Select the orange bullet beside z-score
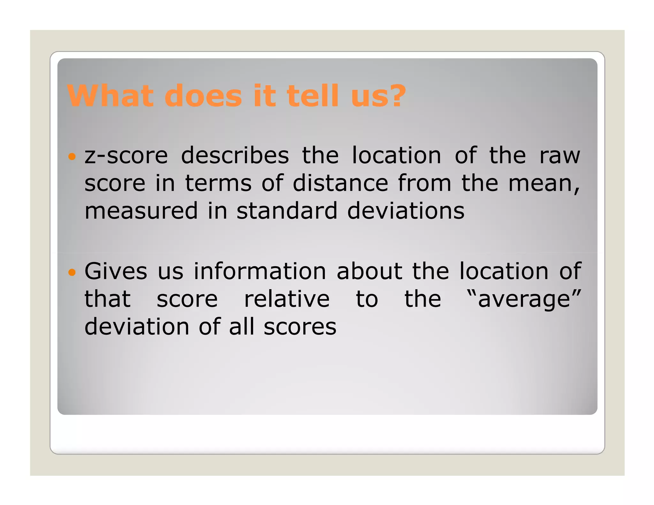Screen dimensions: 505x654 tap(72, 156)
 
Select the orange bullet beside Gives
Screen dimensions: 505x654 tap(72, 272)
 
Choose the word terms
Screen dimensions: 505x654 tap(218, 184)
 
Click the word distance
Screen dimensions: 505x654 tap(340, 184)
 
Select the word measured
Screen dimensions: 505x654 tap(141, 211)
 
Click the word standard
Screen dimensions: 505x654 tap(287, 211)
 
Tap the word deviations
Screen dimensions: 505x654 tap(406, 211)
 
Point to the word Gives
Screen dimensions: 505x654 tap(116, 271)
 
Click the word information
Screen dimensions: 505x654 tap(260, 271)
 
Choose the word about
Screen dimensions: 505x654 tap(369, 271)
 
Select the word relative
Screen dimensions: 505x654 tap(287, 299)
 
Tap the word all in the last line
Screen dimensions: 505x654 tap(242, 327)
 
